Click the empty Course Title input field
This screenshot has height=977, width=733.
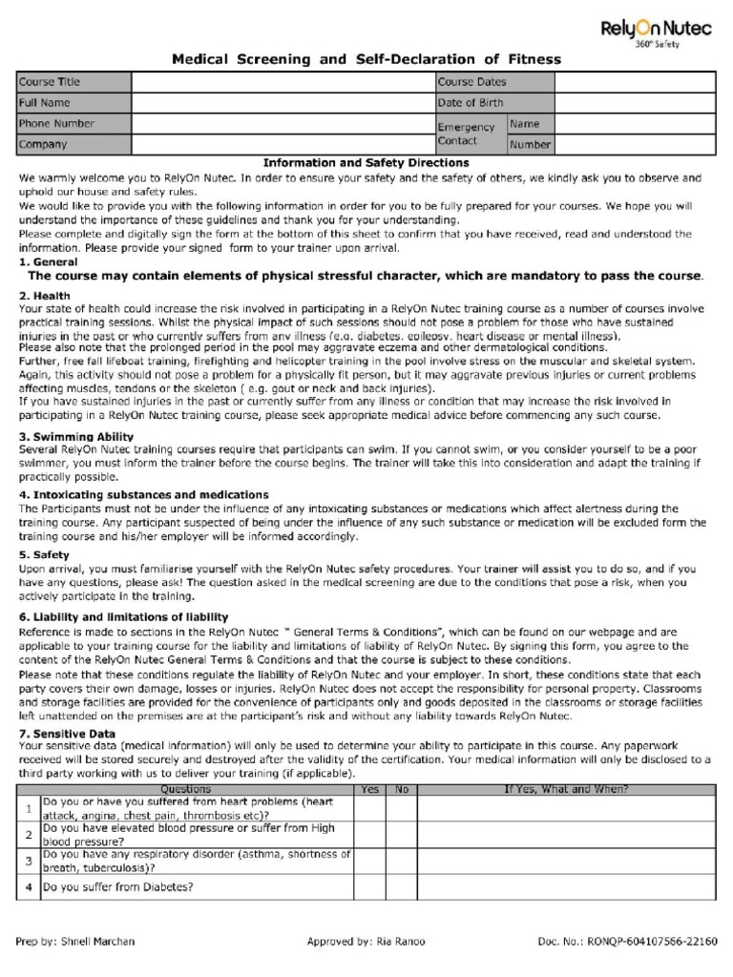283,82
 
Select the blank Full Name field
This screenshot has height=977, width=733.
283,103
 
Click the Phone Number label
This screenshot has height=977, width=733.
56,124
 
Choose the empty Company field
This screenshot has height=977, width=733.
283,145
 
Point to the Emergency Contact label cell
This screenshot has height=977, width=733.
469,135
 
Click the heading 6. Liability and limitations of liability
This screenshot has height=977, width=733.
123,617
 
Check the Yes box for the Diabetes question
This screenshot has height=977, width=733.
367,887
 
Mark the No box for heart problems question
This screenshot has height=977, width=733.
401,809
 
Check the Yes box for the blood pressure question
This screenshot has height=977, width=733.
367,835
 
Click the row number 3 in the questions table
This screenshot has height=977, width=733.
29,861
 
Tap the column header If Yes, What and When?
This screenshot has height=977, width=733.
566,790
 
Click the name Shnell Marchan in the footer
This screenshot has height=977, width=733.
94,942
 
